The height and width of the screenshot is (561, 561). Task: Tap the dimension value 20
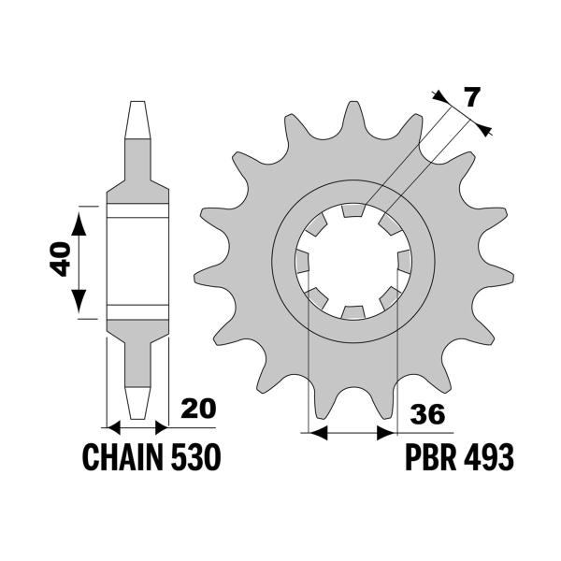(198, 410)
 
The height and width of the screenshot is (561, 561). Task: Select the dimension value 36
(425, 414)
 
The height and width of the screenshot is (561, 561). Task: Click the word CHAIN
(120, 458)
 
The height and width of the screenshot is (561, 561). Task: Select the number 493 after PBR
(491, 458)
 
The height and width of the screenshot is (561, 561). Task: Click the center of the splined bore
(352, 261)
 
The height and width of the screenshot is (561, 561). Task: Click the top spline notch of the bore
(352, 212)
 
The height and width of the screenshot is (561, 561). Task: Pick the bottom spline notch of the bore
(352, 310)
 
